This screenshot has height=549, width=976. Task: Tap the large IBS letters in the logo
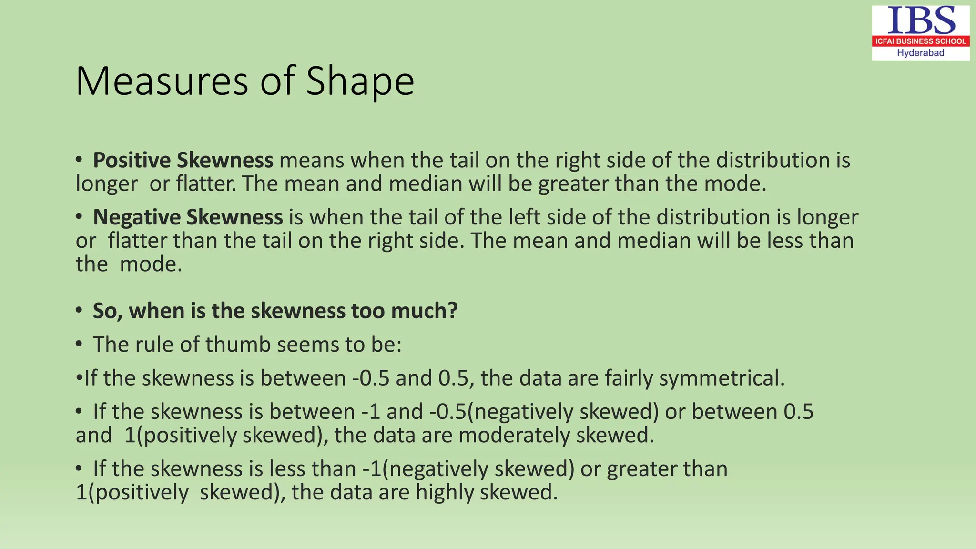pos(921,20)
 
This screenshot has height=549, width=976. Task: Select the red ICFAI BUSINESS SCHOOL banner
pos(921,41)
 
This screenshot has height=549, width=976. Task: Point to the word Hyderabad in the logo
pos(921,53)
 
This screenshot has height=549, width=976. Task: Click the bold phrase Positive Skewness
pos(183,160)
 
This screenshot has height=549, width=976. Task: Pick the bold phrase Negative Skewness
pos(188,217)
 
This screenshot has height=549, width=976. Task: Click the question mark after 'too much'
pos(452,311)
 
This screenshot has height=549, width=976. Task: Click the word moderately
pos(514,435)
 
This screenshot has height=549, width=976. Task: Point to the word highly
pos(445,492)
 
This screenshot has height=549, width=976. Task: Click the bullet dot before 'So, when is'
pos(79,310)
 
